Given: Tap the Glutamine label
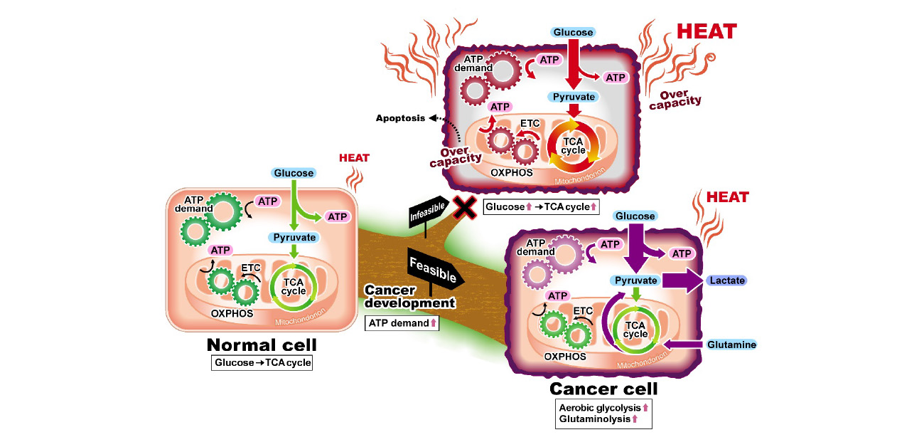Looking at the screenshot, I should click(x=731, y=345).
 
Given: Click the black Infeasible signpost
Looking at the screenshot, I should click(x=428, y=211).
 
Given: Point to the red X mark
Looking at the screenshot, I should click(x=465, y=207).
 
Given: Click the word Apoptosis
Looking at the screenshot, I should click(x=400, y=118).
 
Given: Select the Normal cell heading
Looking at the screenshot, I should click(x=262, y=345).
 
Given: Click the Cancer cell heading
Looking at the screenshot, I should click(x=603, y=389).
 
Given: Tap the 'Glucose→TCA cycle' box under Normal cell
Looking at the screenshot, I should click(x=262, y=362).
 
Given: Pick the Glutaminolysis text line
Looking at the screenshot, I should click(x=595, y=419).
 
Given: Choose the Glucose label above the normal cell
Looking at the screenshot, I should click(x=294, y=173).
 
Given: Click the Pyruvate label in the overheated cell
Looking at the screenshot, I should click(x=572, y=96).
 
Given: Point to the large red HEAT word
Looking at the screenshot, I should click(x=707, y=31).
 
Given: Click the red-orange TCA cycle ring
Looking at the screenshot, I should click(x=574, y=145).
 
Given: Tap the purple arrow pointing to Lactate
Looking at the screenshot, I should click(x=682, y=280).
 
